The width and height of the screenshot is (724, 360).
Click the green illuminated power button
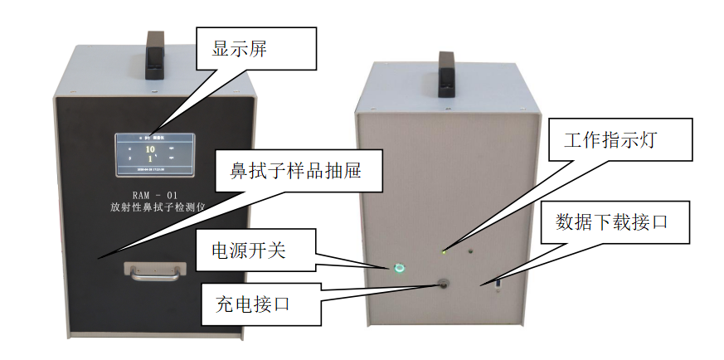coord(401,268)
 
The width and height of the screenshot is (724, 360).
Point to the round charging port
coord(445,284)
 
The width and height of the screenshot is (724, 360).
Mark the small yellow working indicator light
coord(445,250)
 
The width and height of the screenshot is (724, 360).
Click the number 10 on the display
coord(150,149)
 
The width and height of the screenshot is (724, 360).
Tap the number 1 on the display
coord(150,158)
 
